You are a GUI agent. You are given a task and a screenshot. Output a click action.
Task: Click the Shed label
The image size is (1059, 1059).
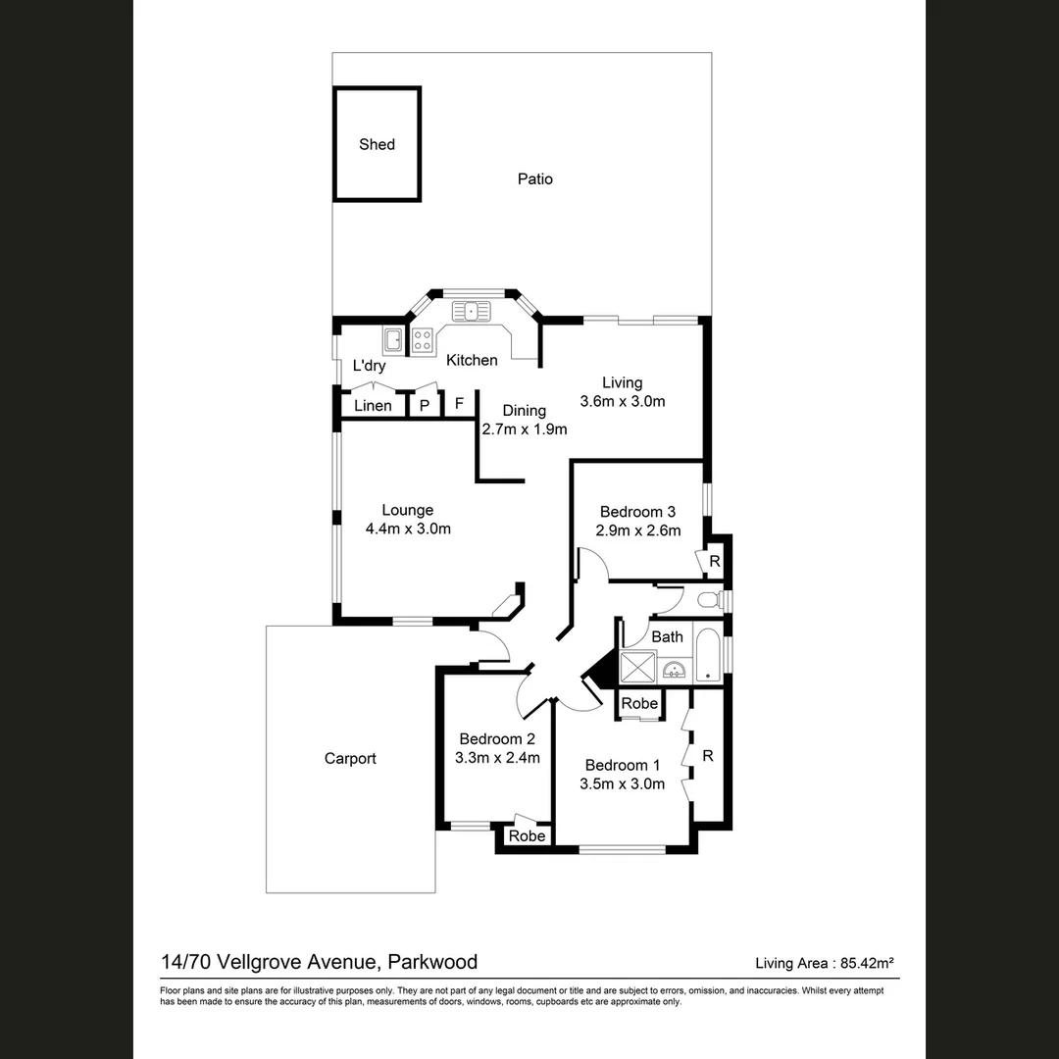(x=377, y=144)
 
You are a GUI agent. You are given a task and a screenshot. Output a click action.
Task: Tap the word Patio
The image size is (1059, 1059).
(x=534, y=178)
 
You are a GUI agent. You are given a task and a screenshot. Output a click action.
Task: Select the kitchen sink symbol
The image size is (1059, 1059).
(x=472, y=311)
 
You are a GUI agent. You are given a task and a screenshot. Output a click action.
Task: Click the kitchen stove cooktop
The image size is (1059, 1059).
(x=423, y=340)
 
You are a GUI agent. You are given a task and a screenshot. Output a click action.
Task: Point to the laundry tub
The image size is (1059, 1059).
(x=393, y=340)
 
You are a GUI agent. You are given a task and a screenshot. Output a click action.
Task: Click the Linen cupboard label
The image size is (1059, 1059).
(x=373, y=405)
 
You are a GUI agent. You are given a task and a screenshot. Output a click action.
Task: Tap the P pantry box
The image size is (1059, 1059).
(x=425, y=405)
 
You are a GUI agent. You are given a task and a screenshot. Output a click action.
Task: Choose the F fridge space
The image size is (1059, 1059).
(x=458, y=404)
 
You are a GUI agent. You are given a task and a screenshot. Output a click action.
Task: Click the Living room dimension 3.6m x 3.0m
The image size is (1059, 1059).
(x=623, y=401)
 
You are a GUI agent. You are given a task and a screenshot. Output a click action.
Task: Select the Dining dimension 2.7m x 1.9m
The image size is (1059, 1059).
(x=525, y=429)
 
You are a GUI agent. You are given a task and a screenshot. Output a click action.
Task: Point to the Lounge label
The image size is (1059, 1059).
(x=407, y=510)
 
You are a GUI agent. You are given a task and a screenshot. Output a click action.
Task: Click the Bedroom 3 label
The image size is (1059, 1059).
(x=637, y=511)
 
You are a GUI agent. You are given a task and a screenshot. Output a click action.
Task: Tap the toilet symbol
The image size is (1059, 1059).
(x=708, y=598)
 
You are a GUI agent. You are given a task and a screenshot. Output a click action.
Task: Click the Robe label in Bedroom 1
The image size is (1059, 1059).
(x=639, y=703)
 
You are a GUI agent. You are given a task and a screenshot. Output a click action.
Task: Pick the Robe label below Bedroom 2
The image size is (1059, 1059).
(x=527, y=836)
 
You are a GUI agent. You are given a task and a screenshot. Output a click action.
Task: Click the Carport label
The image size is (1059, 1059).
(x=350, y=758)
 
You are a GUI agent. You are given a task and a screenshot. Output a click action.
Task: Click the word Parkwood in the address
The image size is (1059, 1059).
(x=431, y=961)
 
